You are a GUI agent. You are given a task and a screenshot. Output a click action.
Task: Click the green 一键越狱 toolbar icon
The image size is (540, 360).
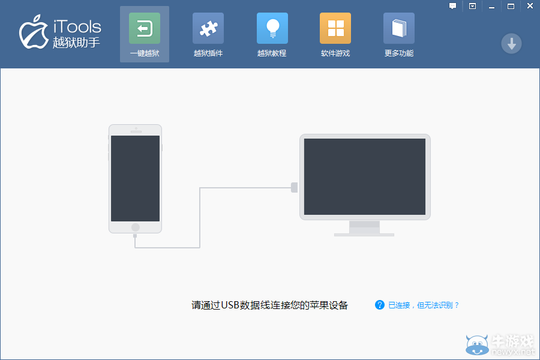[145, 28]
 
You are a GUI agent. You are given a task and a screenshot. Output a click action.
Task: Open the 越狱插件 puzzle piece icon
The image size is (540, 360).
[208, 28]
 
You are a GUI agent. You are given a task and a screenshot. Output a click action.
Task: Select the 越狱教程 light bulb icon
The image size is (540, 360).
[272, 28]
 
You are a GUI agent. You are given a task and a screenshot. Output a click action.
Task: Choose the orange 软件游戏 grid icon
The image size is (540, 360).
[335, 28]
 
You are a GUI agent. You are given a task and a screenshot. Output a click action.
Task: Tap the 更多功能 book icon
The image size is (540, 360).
[399, 28]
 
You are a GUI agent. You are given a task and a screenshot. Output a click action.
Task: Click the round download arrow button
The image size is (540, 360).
[511, 44]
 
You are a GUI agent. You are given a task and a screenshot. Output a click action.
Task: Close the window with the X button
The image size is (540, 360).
[530, 6]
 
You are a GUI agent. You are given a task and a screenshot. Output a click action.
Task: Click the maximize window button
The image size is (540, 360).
[511, 6]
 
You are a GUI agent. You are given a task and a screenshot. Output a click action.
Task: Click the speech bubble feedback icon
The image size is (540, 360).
[452, 6]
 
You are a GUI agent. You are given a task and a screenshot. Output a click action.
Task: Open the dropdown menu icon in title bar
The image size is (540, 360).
[472, 6]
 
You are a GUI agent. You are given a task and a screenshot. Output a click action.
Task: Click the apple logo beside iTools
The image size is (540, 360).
[34, 32]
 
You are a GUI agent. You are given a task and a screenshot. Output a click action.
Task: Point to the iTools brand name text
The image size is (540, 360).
[77, 26]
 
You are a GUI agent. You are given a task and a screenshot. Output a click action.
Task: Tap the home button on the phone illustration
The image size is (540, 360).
[136, 227]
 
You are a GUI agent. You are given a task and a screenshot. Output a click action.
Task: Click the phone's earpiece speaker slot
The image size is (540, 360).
[136, 131]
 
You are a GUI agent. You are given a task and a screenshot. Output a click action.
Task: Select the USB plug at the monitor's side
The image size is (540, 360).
[294, 187]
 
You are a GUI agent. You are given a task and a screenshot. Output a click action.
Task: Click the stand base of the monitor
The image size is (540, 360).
[364, 235]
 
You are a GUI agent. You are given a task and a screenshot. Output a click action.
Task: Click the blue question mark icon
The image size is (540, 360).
[380, 305]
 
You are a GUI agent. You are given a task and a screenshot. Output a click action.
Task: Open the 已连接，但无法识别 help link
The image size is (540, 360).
[424, 305]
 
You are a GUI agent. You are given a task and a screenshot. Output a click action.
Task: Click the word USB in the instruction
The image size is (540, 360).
[230, 305]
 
